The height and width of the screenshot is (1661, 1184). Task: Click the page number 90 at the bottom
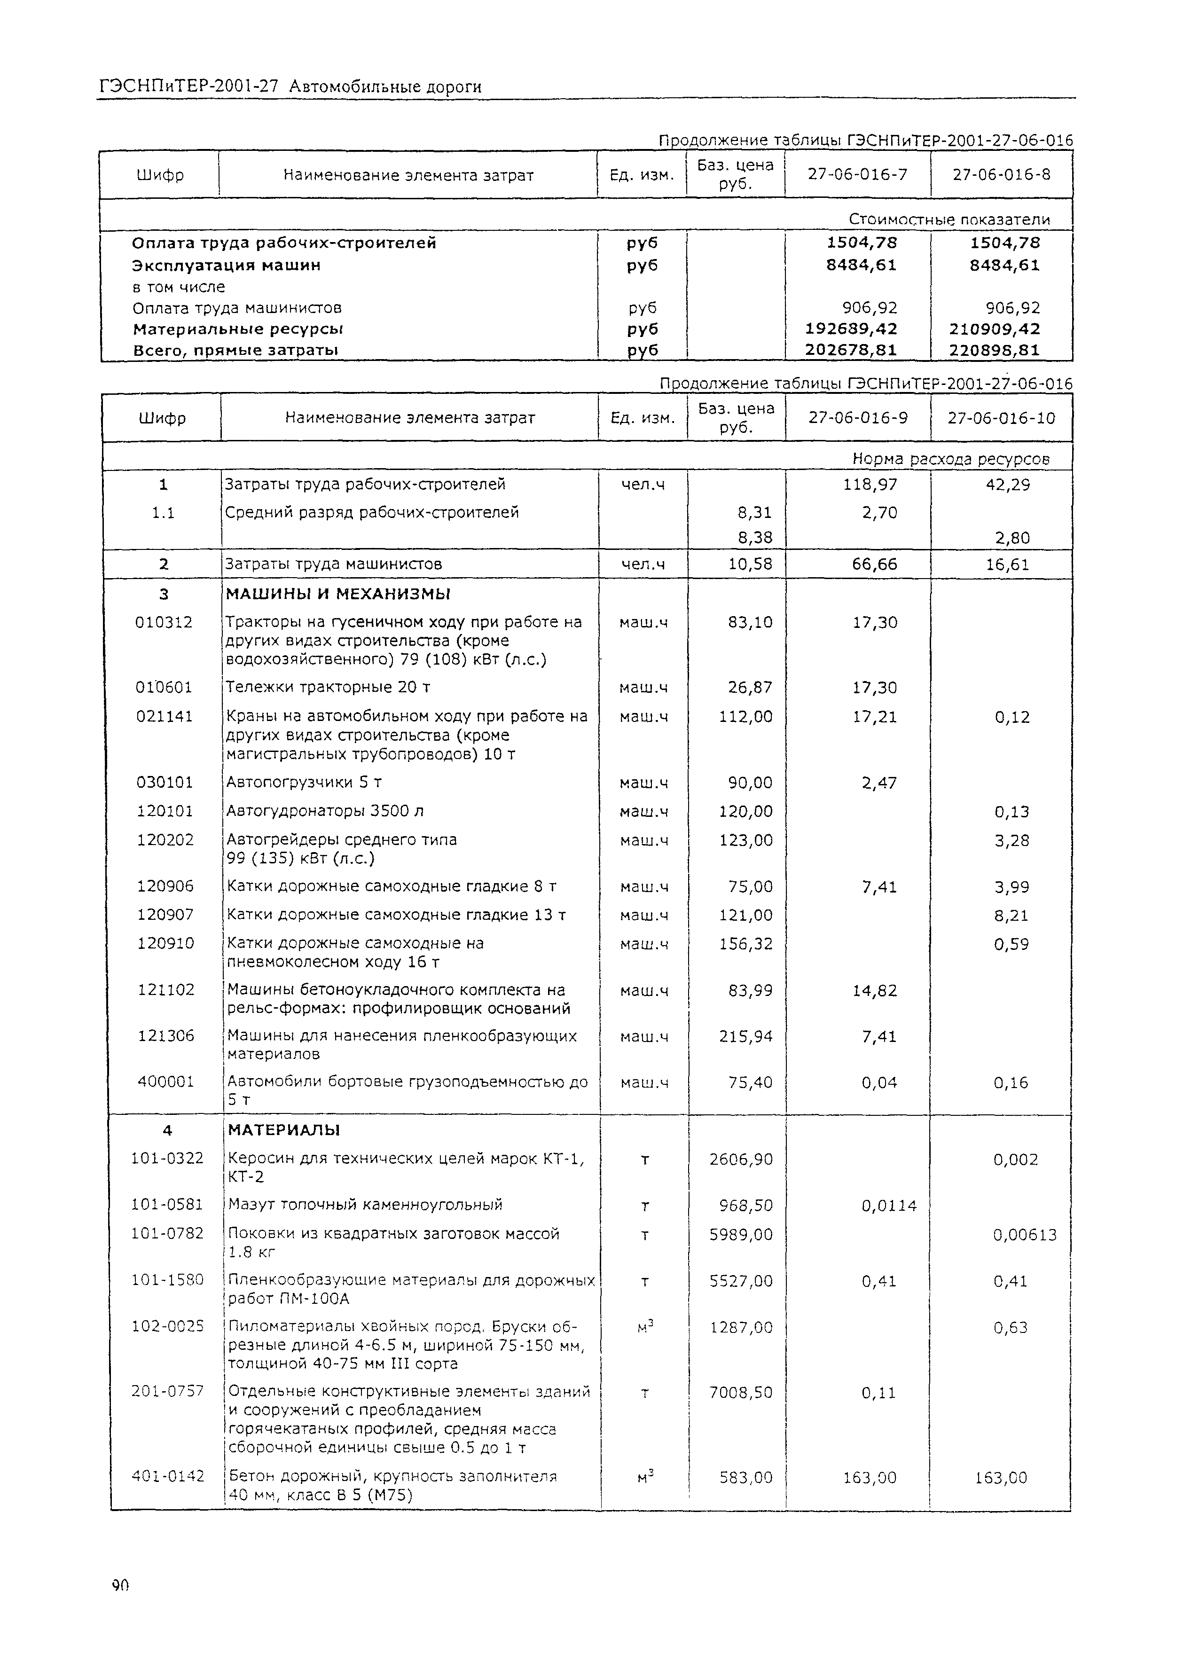[120, 1585]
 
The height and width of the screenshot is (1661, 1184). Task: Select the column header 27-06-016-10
[1001, 418]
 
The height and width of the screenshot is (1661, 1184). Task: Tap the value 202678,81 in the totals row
[851, 350]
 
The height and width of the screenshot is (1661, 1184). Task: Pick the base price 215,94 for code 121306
[745, 1036]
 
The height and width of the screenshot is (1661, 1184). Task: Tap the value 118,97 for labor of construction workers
[870, 485]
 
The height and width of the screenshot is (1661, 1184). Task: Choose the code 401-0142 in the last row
[167, 1477]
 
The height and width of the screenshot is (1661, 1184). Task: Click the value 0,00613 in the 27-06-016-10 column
[1024, 1235]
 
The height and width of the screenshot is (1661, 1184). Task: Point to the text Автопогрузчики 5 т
[304, 783]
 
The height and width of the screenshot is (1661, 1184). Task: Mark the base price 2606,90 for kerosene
[741, 1159]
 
